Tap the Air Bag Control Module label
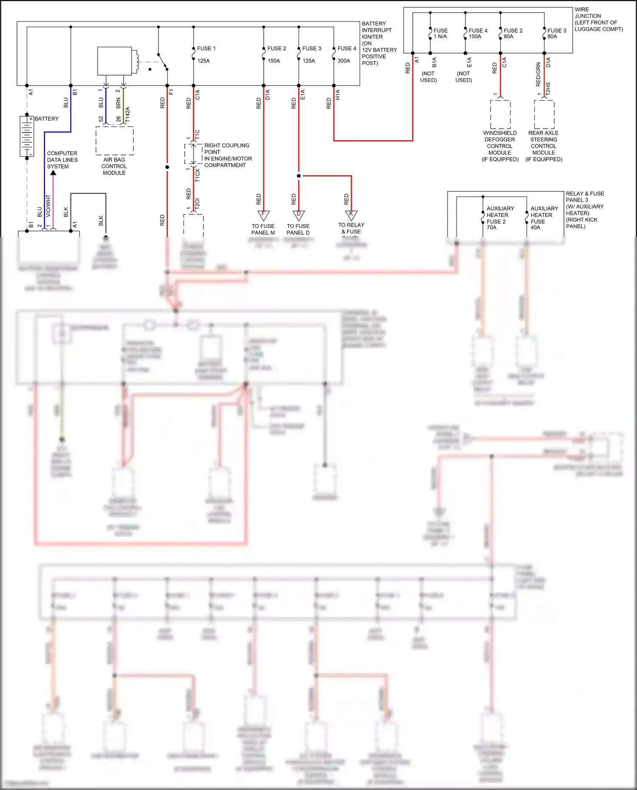pyautogui.click(x=114, y=166)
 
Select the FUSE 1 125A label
pyautogui.click(x=206, y=54)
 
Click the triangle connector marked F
pyautogui.click(x=263, y=215)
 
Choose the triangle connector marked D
pyautogui.click(x=299, y=215)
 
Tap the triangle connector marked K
pyautogui.click(x=351, y=215)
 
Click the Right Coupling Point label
pyautogui.click(x=228, y=155)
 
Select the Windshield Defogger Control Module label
pyautogui.click(x=500, y=146)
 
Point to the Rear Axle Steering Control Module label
pyautogui.click(x=544, y=146)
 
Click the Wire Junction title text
pyautogui.click(x=598, y=19)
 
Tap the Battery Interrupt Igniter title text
pyautogui.click(x=379, y=43)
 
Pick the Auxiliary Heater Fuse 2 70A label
pyautogui.click(x=499, y=218)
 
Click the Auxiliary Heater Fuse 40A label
pyautogui.click(x=544, y=218)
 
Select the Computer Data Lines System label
pyautogui.click(x=62, y=160)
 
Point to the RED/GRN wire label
pyautogui.click(x=538, y=74)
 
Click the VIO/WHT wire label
pyautogui.click(x=48, y=205)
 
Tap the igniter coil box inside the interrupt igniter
pyautogui.click(x=115, y=61)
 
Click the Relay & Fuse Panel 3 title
pyautogui.click(x=584, y=210)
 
